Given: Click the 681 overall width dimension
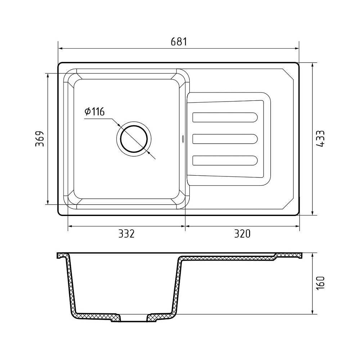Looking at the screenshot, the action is tap(179, 42).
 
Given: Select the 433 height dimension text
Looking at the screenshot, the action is tap(320, 139).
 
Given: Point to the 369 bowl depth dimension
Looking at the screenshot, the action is tap(39, 139).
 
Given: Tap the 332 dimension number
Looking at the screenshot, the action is tap(126, 234).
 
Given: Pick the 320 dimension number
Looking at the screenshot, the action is tap(242, 234).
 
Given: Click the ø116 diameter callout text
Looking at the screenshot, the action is tap(95, 111).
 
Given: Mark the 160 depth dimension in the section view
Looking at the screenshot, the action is tap(320, 283).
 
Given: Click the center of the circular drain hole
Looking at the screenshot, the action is tap(134, 139).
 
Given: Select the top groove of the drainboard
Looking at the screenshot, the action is tap(225, 117).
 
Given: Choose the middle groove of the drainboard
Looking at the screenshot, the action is tap(225, 139).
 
